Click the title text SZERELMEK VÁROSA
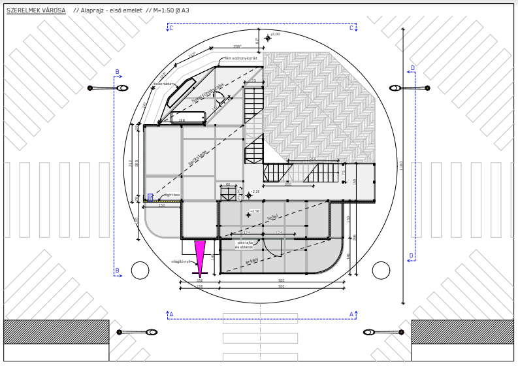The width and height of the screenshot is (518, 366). [x=36, y=10]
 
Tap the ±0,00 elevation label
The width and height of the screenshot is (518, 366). [x=275, y=34]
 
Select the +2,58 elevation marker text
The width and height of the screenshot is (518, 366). [x=255, y=211]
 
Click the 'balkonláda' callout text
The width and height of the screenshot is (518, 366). [x=163, y=84]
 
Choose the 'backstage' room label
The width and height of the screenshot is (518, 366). [x=197, y=157]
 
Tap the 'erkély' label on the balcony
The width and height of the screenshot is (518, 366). [x=251, y=260]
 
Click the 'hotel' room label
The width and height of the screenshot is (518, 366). [x=272, y=216]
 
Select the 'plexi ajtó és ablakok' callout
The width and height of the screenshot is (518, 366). [x=244, y=244]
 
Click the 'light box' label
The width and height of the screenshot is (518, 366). [x=172, y=195]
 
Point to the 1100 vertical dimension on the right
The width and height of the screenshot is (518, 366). [x=401, y=165]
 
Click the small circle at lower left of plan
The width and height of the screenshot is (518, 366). [x=140, y=270]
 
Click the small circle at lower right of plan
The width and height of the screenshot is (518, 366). [x=381, y=270]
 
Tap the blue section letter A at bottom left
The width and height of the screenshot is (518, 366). [x=171, y=314]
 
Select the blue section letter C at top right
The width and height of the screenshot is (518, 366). [x=351, y=28]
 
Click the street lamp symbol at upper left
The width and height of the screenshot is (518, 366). [x=121, y=88]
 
